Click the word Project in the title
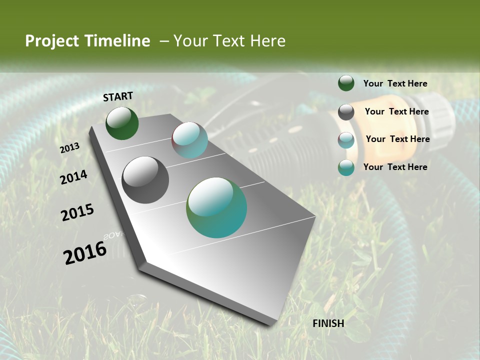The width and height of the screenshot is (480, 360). point(51,41)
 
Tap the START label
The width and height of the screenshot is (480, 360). point(118,96)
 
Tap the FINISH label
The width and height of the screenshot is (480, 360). point(328,323)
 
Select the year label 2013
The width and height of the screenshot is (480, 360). point(70,148)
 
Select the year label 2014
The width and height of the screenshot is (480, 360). point(73,177)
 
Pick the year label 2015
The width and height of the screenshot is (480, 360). point(77,212)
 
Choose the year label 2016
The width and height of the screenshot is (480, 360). point(85,252)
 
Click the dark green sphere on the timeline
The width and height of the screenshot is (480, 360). point(122,123)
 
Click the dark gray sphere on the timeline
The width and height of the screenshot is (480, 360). point(145,180)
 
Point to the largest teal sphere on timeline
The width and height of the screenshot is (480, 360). point(216,207)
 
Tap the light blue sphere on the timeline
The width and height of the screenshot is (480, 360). point(189,140)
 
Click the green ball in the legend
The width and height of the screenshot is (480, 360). point(346,83)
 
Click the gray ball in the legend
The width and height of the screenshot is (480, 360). point(346,112)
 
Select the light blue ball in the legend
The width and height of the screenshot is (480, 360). point(346,140)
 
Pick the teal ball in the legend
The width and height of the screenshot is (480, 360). point(346,167)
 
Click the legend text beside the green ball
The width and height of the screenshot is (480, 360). point(395,83)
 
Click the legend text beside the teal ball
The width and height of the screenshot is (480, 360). point(395,167)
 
